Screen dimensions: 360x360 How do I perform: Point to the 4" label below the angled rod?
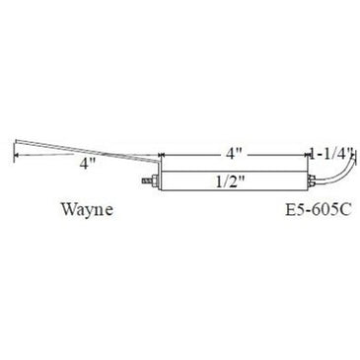89,163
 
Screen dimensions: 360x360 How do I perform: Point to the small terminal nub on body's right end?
313,182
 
